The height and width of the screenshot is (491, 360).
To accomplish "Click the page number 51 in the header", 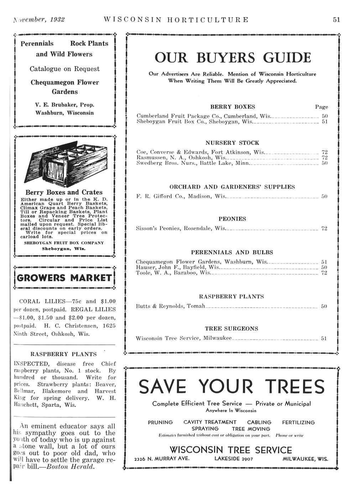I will [x=336, y=20].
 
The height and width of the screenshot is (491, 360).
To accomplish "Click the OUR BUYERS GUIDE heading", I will [x=233, y=58].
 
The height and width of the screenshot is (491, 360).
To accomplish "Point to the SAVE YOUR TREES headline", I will [x=232, y=387].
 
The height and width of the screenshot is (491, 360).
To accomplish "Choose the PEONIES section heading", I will [x=232, y=219].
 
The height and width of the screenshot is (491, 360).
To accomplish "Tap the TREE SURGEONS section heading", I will [x=231, y=328].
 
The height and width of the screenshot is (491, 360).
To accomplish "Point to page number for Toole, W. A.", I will [x=324, y=273].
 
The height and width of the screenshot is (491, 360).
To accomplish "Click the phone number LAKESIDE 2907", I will [x=234, y=459].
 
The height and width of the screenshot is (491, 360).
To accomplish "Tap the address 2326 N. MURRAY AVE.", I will [x=162, y=459].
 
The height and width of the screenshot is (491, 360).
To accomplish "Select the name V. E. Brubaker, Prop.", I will [x=64, y=105].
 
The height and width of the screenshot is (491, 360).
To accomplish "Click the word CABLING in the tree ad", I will [x=259, y=422].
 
